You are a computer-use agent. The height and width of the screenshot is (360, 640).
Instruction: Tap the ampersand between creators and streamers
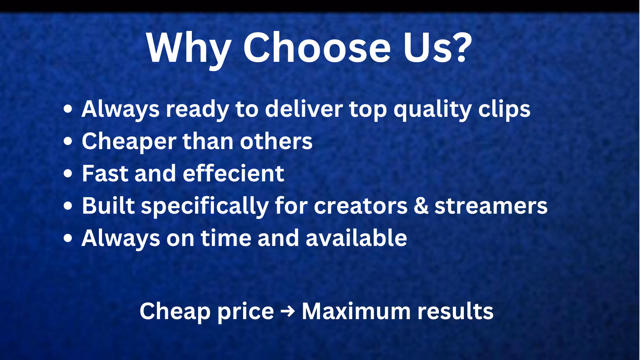(x=421, y=206)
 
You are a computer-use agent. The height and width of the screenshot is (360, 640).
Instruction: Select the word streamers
(x=491, y=206)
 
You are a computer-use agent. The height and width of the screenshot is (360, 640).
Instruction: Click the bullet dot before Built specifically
(x=68, y=206)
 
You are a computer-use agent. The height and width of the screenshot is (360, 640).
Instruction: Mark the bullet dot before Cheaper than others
(x=68, y=142)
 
